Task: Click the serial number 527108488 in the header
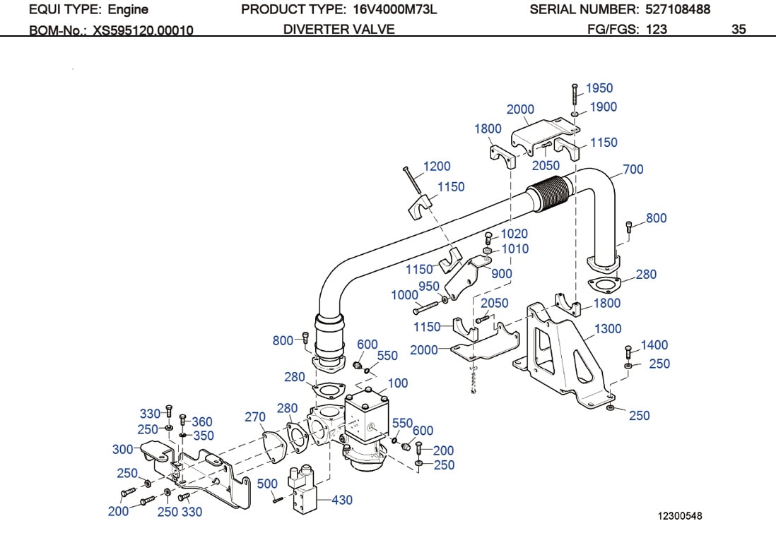pyautogui.click(x=678, y=9)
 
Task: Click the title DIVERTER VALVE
pyautogui.click(x=339, y=29)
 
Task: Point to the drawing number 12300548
pyautogui.click(x=678, y=516)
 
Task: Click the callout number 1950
pyautogui.click(x=599, y=88)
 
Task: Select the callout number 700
pyautogui.click(x=633, y=169)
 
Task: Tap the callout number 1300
pyautogui.click(x=608, y=328)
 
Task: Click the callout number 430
pyautogui.click(x=342, y=501)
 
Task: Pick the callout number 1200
pyautogui.click(x=437, y=167)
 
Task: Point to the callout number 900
pyautogui.click(x=502, y=274)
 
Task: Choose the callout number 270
pyautogui.click(x=255, y=417)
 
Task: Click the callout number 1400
pyautogui.click(x=654, y=345)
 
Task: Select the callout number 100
pyautogui.click(x=398, y=383)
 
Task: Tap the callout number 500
pyautogui.click(x=267, y=484)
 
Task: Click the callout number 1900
pyautogui.click(x=604, y=107)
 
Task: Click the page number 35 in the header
pyautogui.click(x=739, y=29)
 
